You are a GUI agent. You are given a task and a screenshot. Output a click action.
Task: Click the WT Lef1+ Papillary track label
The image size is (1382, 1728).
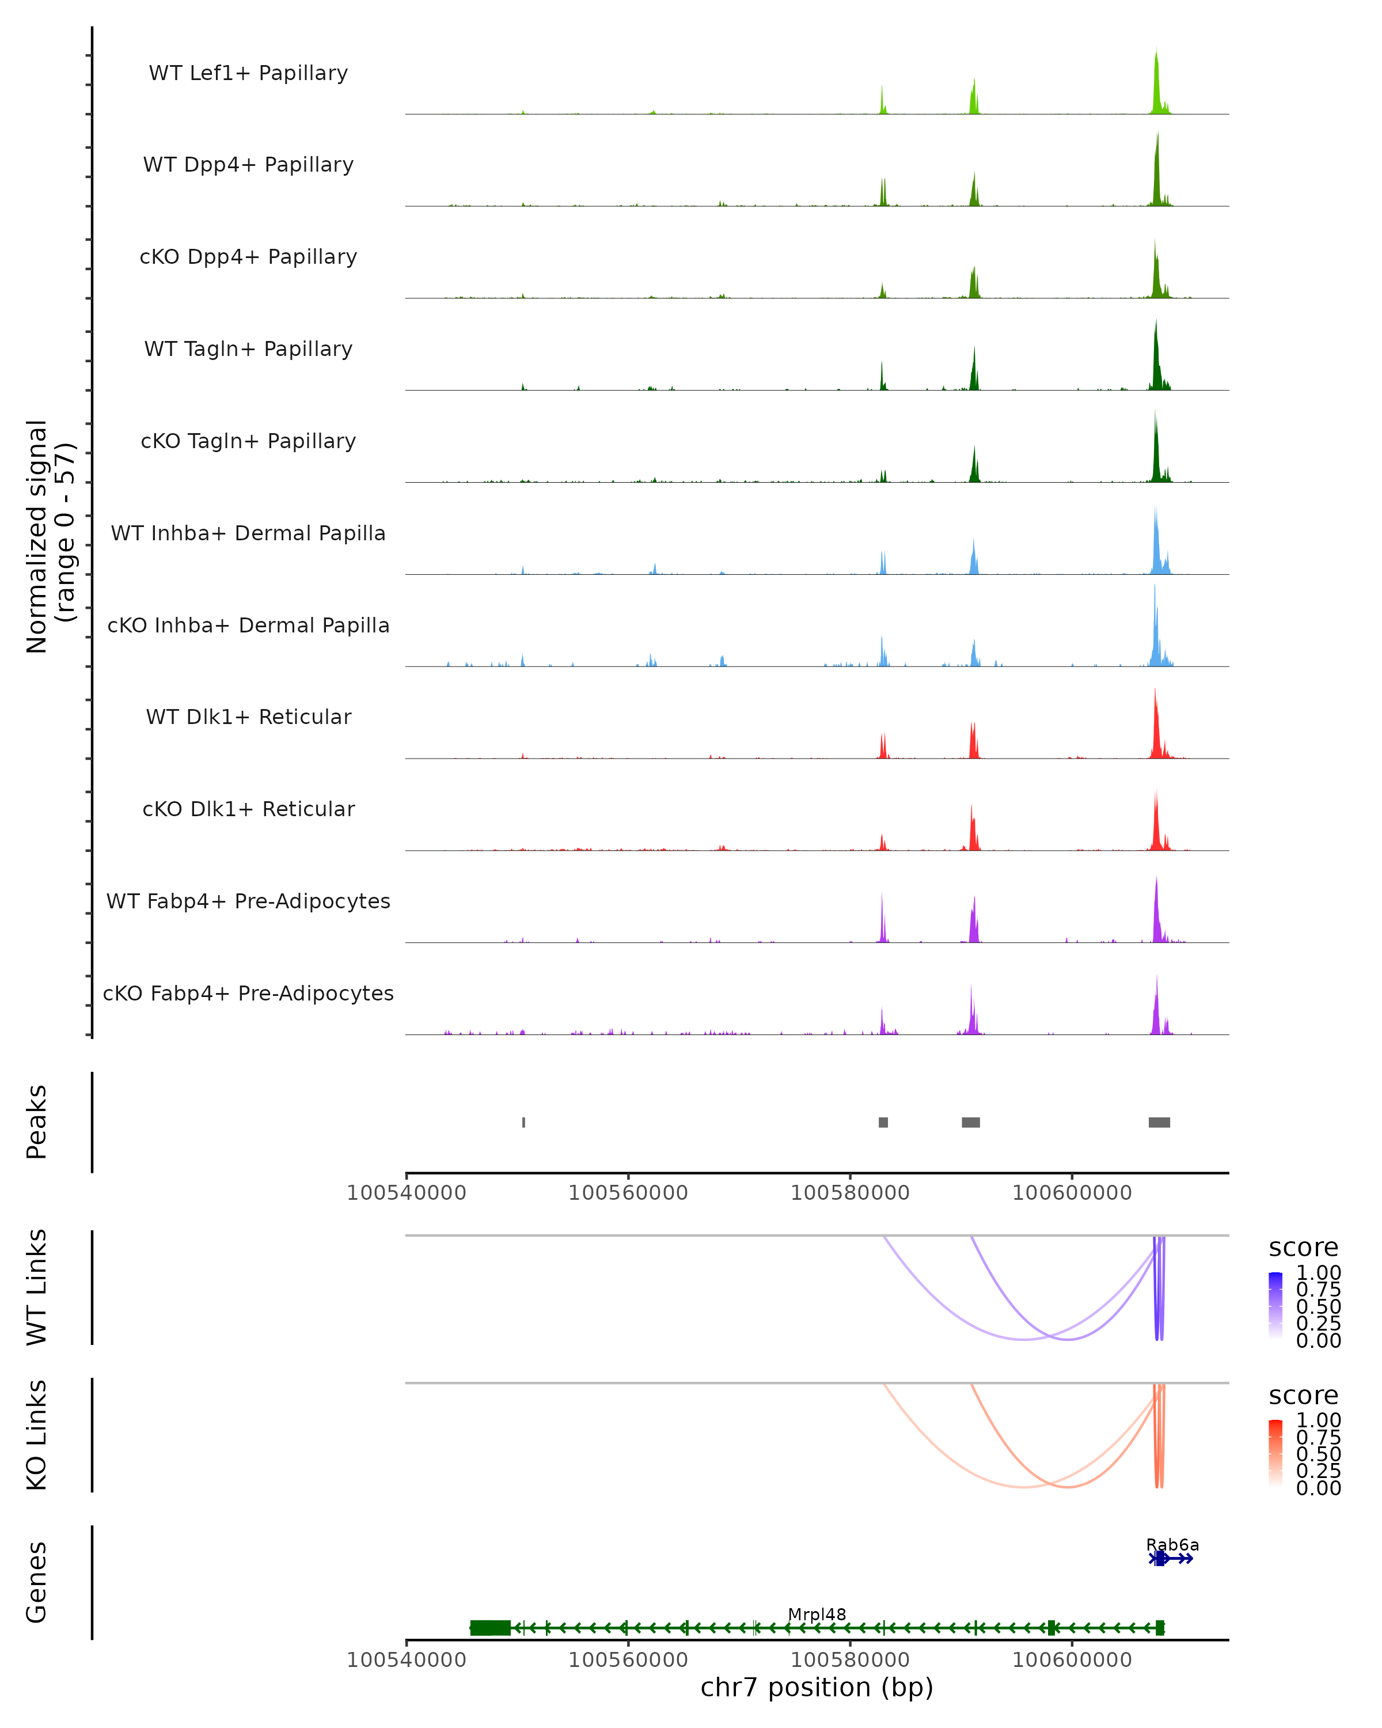(x=248, y=73)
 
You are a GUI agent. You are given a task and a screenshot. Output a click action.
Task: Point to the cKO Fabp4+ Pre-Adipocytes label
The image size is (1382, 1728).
(x=248, y=993)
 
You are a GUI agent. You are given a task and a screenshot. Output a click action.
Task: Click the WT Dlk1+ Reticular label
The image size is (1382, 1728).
(x=248, y=717)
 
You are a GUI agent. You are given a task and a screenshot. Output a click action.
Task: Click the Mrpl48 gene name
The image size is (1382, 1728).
(x=817, y=1614)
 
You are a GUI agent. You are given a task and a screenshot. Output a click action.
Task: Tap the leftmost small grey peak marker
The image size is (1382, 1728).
(x=524, y=1122)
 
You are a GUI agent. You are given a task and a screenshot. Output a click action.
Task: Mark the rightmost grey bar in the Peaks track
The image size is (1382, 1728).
(x=1159, y=1122)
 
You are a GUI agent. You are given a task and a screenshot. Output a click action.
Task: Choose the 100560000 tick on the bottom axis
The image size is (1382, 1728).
(x=627, y=1659)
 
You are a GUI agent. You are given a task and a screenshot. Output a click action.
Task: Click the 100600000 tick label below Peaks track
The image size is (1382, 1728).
(x=1072, y=1193)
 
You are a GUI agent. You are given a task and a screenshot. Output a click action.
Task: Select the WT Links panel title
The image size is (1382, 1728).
(x=37, y=1287)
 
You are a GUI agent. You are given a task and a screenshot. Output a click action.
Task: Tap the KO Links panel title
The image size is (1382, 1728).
(x=37, y=1435)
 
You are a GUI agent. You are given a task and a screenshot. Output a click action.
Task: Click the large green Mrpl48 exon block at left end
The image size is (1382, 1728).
(x=490, y=1628)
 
